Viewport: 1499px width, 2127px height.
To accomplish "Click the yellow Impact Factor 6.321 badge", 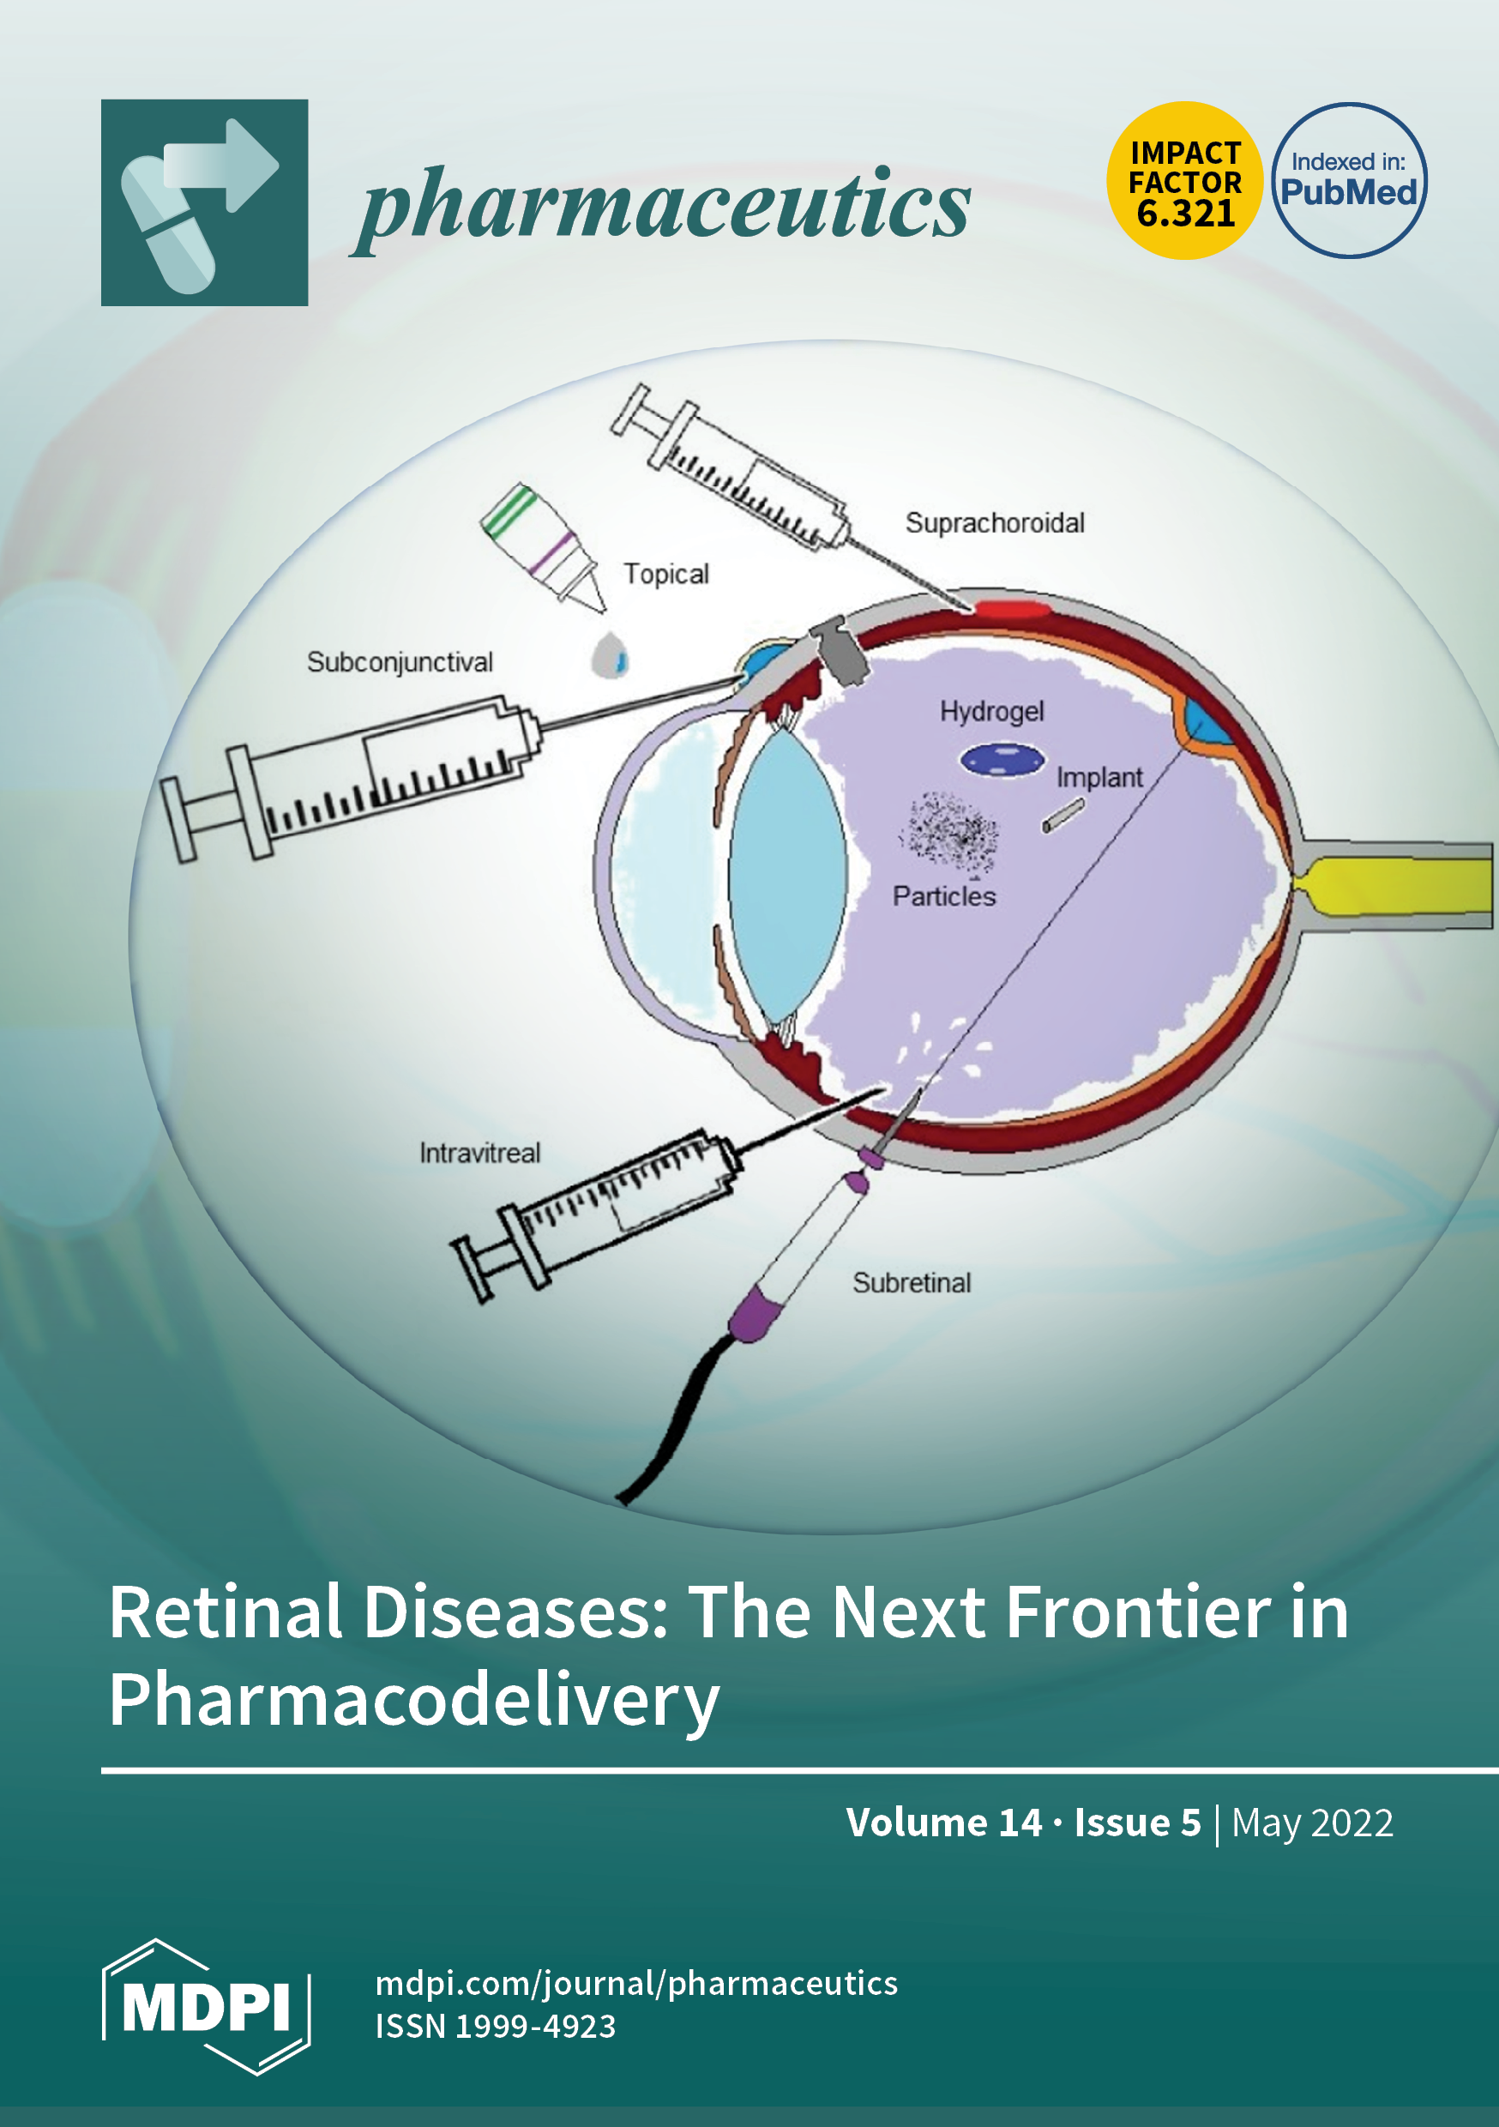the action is [x=1184, y=181].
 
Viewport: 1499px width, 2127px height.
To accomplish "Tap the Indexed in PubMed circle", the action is [x=1348, y=181].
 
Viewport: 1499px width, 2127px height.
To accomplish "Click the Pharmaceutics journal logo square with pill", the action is [x=205, y=203].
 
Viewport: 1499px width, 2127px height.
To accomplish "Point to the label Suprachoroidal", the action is [x=994, y=523].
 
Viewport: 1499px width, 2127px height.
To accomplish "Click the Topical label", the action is [x=665, y=575].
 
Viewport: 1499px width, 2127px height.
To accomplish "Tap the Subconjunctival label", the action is [x=400, y=662].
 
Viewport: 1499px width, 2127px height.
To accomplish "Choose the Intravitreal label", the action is [x=479, y=1154].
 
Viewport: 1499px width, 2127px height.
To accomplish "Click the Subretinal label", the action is [x=912, y=1283].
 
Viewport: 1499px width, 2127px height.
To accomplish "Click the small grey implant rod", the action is [x=1063, y=816].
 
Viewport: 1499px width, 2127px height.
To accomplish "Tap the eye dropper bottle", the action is [x=543, y=546].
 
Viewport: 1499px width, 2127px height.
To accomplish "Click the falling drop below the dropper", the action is [x=610, y=655].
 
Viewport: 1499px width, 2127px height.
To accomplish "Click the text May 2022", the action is [x=1312, y=1823].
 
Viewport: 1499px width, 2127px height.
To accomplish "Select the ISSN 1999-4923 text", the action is [x=496, y=2026].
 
